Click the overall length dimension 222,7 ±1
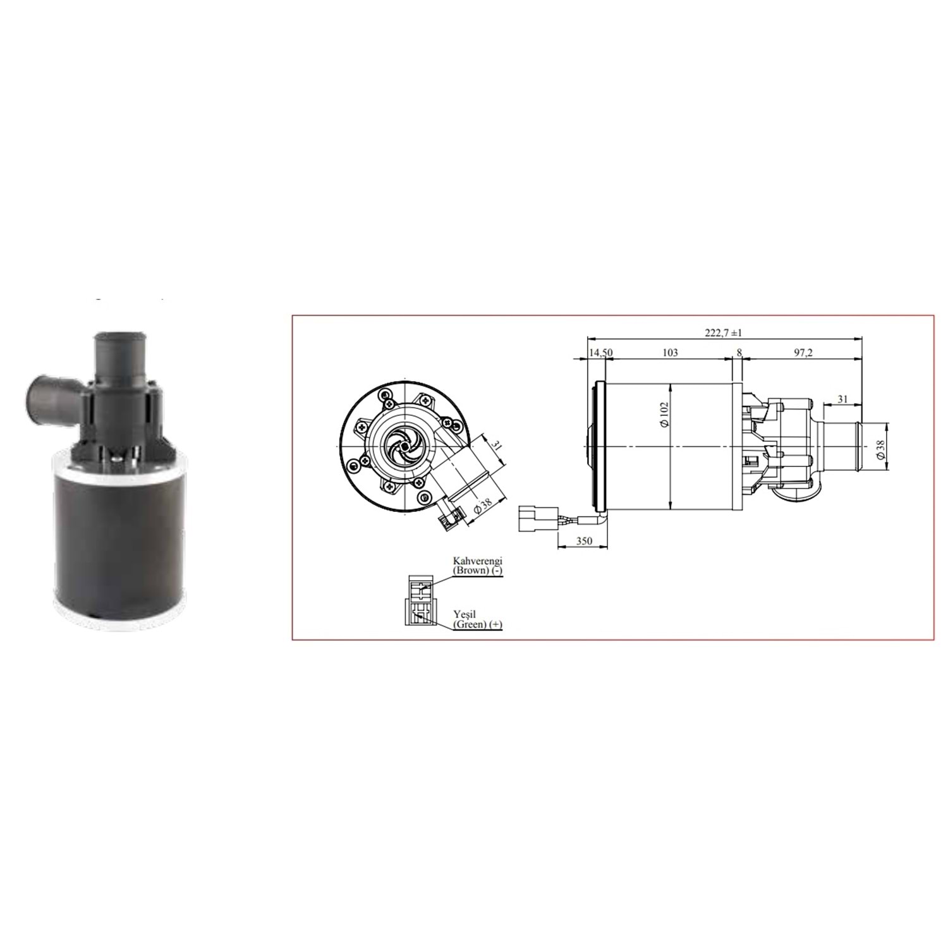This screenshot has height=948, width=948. click(x=723, y=332)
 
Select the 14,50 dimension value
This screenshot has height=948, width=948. click(x=600, y=353)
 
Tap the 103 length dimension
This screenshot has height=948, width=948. click(x=670, y=353)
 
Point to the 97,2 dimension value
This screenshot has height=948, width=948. click(x=803, y=353)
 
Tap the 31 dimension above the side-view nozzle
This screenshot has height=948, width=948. click(x=842, y=399)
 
